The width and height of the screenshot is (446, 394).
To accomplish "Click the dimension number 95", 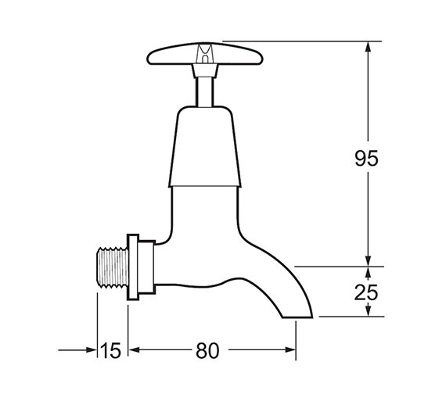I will point(366,159).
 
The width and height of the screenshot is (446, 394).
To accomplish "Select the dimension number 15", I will point(111,351).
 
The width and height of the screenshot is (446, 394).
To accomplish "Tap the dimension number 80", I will point(206,351).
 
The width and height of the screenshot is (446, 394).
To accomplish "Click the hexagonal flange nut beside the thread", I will point(133,267).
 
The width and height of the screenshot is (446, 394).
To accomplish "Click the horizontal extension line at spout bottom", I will point(352,317).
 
